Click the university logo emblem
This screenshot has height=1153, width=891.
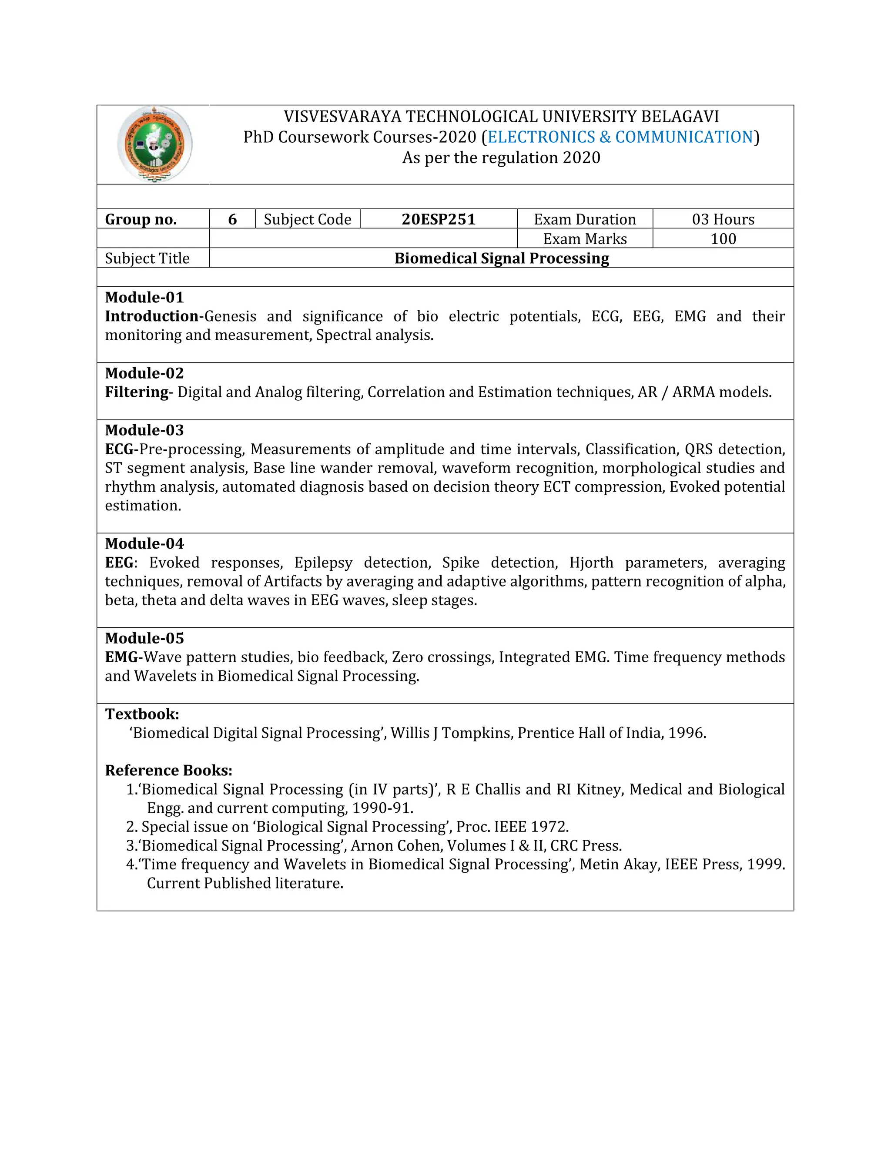pos(154,144)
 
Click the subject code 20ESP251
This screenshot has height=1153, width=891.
pos(438,219)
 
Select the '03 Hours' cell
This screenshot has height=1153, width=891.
pos(723,219)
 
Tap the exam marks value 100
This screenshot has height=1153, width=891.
pos(723,238)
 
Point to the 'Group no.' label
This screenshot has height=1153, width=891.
pos(141,219)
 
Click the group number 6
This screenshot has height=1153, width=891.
pos(232,219)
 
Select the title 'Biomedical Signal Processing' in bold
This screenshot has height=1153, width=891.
pos(502,258)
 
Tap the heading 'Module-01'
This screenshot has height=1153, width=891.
pos(144,297)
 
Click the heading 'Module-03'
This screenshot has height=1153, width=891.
pos(144,430)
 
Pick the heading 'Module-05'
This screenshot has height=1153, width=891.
pos(144,638)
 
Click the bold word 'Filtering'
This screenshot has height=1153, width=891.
pos(136,392)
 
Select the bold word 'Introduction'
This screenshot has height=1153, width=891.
pos(151,316)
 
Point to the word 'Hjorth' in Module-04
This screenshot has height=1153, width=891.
pos(591,563)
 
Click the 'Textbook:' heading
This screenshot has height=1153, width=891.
pos(142,714)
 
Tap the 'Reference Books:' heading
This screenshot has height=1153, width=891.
pos(168,771)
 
